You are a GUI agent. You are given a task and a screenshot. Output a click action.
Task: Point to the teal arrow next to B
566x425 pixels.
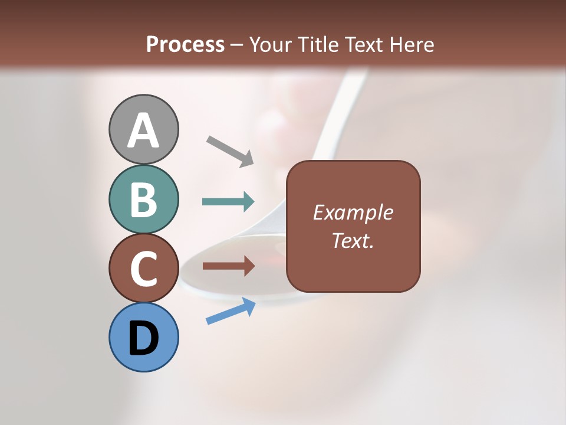pyautogui.click(x=228, y=202)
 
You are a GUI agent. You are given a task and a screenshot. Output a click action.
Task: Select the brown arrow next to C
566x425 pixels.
pyautogui.click(x=228, y=266)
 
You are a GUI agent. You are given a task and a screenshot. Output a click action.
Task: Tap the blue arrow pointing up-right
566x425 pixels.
pyautogui.click(x=231, y=311)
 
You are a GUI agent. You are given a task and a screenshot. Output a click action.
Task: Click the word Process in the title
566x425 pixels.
pyautogui.click(x=185, y=44)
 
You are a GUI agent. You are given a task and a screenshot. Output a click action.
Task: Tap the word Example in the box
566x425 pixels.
pyautogui.click(x=353, y=212)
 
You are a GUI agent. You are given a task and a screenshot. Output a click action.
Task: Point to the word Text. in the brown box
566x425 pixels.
pyautogui.click(x=353, y=240)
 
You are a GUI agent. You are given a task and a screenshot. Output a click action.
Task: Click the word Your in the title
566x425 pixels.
pyautogui.click(x=270, y=44)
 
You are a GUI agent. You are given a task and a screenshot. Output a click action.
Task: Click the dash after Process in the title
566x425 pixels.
pyautogui.click(x=237, y=45)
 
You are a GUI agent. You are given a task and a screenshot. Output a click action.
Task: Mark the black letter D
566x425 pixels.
pyautogui.click(x=143, y=338)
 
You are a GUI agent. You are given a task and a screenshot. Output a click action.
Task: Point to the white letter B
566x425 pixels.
pyautogui.click(x=143, y=200)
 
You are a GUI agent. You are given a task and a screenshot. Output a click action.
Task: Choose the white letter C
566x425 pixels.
pyautogui.click(x=143, y=269)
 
